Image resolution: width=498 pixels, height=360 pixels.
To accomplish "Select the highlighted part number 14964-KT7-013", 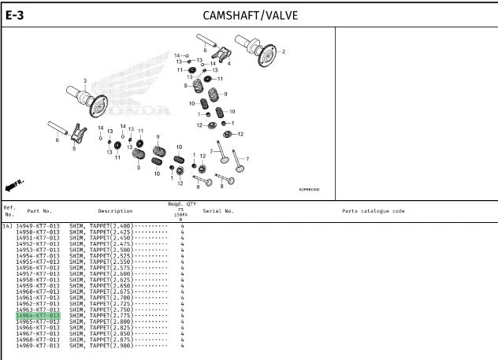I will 38,316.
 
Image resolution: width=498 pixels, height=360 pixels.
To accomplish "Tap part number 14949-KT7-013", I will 38,226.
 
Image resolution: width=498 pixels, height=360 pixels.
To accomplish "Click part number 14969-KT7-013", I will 38,346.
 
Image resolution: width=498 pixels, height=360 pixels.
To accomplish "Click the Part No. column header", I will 39,211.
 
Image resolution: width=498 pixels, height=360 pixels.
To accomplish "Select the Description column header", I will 115,211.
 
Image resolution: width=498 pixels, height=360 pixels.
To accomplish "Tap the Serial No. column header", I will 218,211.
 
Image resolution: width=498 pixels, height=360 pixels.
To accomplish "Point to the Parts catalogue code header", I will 373,211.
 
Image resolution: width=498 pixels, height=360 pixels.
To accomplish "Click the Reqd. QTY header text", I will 181,204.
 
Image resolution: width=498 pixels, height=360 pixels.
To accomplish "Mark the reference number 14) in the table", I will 8,226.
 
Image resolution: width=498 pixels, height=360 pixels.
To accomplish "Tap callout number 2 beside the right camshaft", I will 284,51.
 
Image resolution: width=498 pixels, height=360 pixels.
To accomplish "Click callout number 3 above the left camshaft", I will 85,81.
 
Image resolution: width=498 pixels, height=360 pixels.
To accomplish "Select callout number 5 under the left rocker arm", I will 73,147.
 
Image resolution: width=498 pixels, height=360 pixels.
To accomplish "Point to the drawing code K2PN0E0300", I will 310,189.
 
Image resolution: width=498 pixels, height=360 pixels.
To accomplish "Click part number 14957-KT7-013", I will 38,274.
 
